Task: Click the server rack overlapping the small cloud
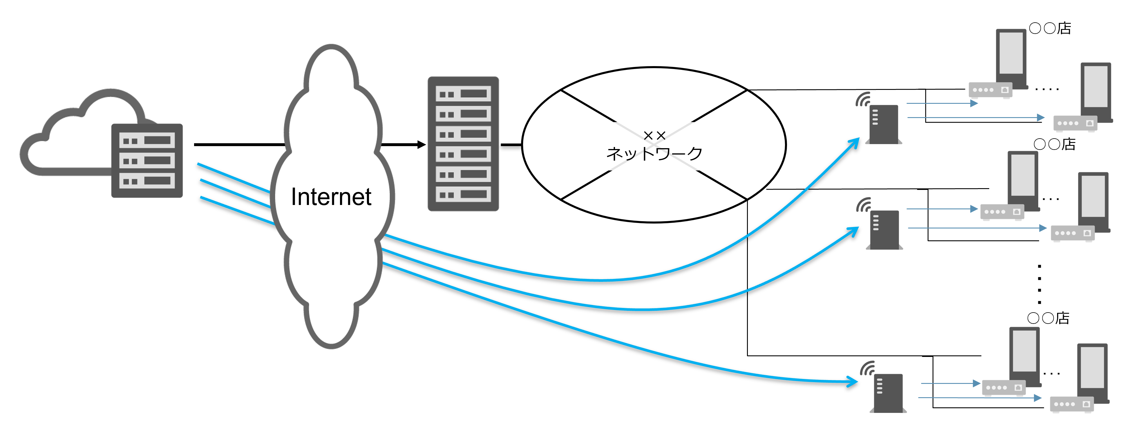pyautogui.click(x=147, y=160)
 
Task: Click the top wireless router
pyautogui.click(x=884, y=125)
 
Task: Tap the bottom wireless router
pyautogui.click(x=888, y=393)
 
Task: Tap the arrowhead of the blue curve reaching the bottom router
pyautogui.click(x=854, y=381)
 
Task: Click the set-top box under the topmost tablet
pyautogui.click(x=990, y=90)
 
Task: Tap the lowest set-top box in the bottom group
pyautogui.click(x=1072, y=404)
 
